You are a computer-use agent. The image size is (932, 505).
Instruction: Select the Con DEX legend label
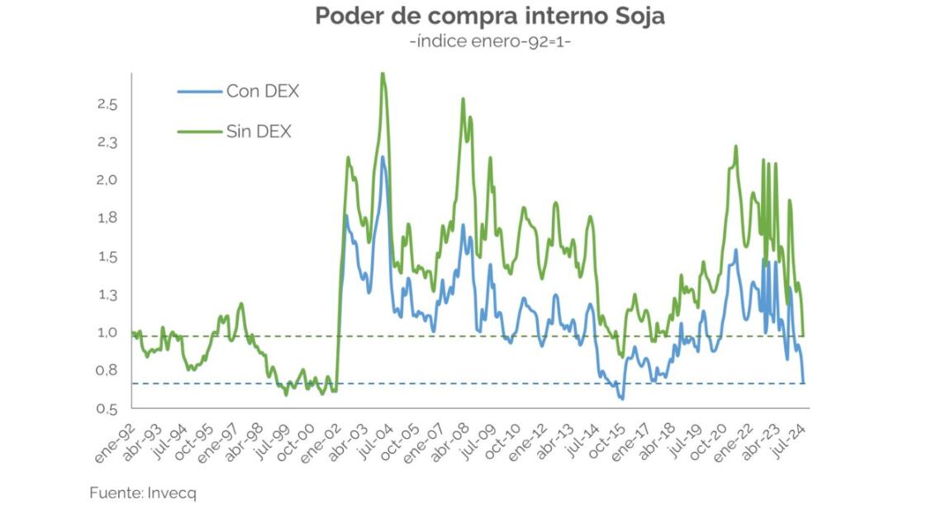(x=263, y=92)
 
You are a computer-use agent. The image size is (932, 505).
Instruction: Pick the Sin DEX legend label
(x=259, y=131)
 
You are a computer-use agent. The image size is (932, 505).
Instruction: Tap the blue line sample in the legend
(x=200, y=92)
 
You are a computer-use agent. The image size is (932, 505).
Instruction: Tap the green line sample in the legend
(x=200, y=131)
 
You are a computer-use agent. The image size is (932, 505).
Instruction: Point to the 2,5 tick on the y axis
(x=107, y=104)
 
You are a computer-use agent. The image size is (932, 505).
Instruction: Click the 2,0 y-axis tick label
(x=107, y=180)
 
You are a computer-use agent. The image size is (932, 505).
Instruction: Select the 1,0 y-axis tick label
(x=107, y=332)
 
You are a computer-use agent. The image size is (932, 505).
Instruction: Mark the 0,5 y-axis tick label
(x=107, y=408)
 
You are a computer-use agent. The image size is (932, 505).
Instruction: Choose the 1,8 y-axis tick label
(x=107, y=218)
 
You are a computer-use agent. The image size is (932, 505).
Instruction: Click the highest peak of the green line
(x=382, y=74)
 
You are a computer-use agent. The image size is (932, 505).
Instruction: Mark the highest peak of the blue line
(x=383, y=157)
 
